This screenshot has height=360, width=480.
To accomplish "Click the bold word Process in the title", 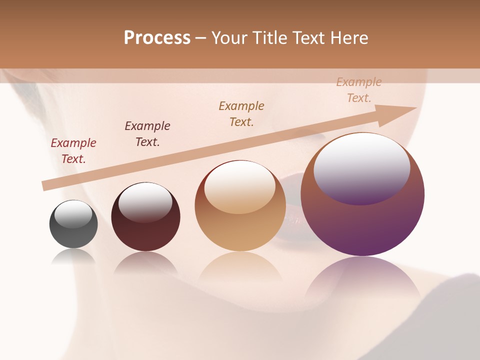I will (x=157, y=38).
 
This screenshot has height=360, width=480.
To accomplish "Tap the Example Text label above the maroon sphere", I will (x=147, y=134).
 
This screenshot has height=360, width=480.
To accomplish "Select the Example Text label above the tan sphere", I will (x=241, y=114).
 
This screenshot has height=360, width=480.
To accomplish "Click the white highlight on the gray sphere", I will (x=73, y=214).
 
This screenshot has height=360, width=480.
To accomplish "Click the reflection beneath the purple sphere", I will (x=362, y=280).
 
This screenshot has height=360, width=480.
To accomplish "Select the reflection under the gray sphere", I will (x=73, y=257).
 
